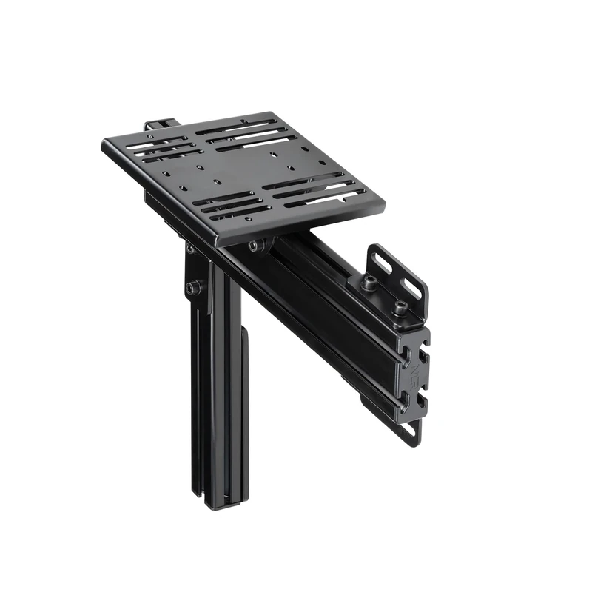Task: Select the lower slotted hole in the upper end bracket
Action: tap(412, 289)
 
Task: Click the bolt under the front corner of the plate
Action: tap(255, 245)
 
